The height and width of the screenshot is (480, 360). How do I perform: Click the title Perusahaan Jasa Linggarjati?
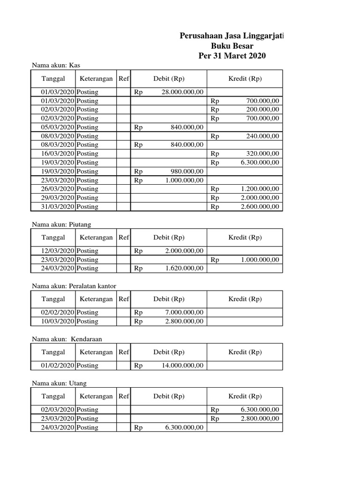pos(232,36)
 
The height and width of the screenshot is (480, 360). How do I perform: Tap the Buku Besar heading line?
pos(232,46)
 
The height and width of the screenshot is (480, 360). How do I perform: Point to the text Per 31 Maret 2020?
pos(232,56)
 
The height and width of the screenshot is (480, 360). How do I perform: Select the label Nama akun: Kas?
pos(52,65)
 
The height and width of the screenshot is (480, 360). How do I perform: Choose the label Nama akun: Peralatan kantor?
pos(74,285)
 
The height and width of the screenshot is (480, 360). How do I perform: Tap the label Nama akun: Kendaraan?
pos(67,338)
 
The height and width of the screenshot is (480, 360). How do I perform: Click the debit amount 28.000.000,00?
pos(182,92)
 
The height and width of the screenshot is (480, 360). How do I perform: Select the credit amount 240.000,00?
pos(262,136)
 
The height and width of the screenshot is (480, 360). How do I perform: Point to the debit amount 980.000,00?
pos(187,171)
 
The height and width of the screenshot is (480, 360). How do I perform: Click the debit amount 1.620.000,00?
pos(184,268)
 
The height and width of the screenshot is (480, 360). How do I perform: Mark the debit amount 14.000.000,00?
pos(182,365)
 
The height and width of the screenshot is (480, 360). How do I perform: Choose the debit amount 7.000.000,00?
pos(184,312)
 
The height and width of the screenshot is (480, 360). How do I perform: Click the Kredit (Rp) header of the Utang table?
pos(245,396)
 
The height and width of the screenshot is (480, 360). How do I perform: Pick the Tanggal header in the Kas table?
pos(53,79)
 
